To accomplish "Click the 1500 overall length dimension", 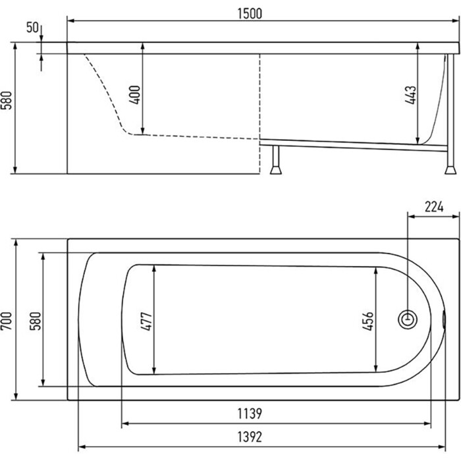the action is (250, 14).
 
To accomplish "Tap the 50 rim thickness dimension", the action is (32, 28).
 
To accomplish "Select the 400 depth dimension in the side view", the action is (135, 95).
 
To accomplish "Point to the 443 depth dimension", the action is (410, 95).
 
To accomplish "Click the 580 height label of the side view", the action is (7, 101).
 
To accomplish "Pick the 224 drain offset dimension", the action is (434, 207).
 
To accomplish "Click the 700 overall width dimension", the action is (7, 321).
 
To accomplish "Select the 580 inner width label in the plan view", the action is (36, 321).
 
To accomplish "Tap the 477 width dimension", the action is (146, 321).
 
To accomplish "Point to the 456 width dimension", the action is (367, 321).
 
